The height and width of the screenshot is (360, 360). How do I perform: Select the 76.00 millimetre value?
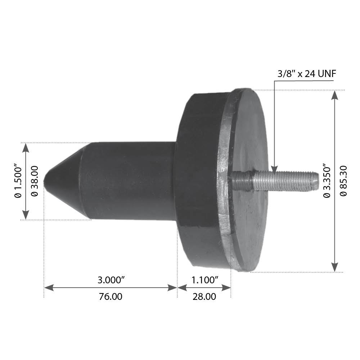(110, 297)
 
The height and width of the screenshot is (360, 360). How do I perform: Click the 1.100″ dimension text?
(204, 280)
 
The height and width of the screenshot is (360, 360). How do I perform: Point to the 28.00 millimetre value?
(204, 297)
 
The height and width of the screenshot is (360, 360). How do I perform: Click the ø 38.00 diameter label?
(35, 181)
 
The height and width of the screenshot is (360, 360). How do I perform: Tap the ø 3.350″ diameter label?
(327, 181)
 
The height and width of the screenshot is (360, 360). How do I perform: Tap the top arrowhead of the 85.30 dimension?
(335, 94)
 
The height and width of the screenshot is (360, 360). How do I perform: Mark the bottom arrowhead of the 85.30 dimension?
(335, 267)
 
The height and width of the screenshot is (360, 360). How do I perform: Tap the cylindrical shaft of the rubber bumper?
(130, 180)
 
